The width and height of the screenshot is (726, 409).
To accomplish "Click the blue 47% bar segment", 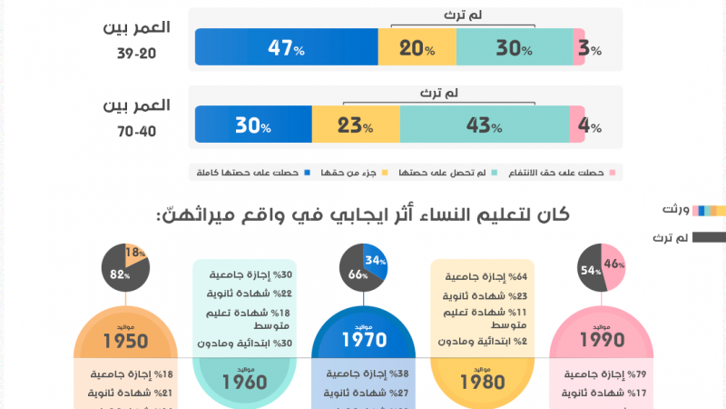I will coord(286,47).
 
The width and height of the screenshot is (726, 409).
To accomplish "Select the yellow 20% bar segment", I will coord(417,47).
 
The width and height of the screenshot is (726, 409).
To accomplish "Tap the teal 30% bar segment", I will coord(514,47).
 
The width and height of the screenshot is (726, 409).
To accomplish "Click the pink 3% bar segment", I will coord(578,47).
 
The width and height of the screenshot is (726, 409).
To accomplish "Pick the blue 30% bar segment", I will coord(253,125).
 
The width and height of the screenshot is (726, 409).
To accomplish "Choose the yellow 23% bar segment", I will coord(356,125).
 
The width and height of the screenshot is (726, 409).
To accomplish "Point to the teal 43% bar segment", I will coord(485,125).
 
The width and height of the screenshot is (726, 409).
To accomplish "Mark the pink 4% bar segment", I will coord(576,125).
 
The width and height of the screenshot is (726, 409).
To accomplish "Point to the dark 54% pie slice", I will coord(590,270).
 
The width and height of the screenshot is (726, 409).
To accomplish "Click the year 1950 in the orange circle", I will coord(126,341).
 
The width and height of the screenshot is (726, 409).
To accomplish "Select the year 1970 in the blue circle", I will coord(363,341).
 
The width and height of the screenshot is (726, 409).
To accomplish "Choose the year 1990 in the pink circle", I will coord(600,341).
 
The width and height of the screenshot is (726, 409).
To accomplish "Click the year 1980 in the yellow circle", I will coord(481,382).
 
